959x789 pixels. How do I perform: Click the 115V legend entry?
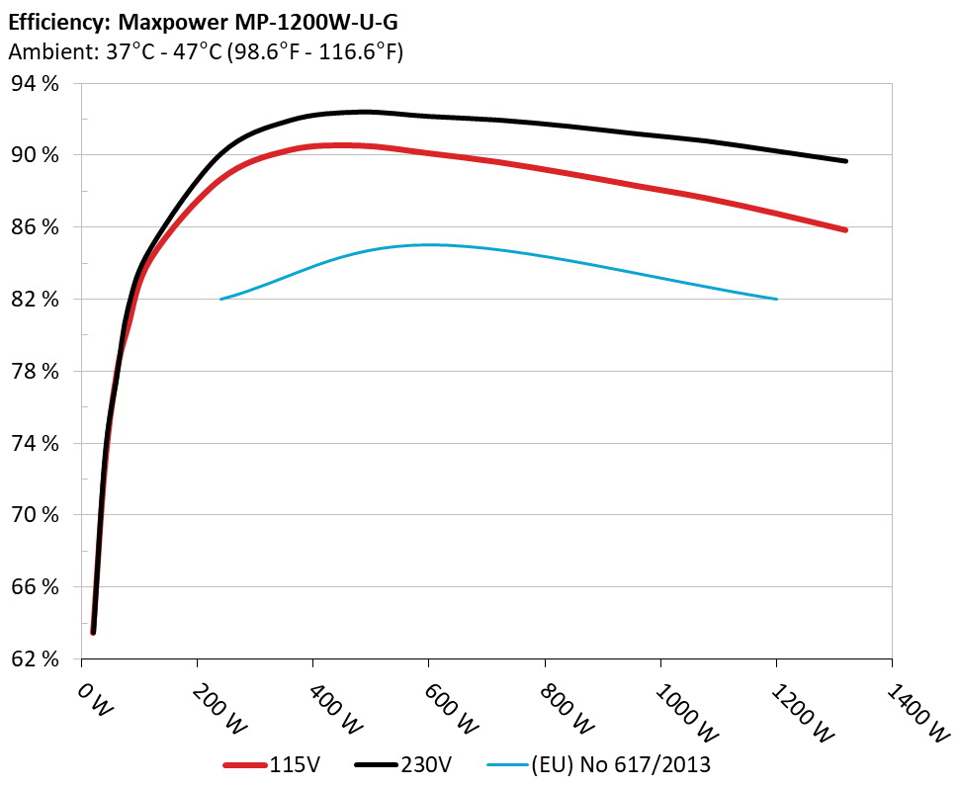coord(289,764)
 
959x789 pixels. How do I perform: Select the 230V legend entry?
coord(425,764)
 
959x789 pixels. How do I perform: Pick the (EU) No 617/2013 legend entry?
coord(621,764)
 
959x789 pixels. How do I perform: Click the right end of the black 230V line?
coord(846,161)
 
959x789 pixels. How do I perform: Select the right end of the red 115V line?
coord(846,230)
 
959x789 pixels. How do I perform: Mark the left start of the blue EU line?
coord(220,299)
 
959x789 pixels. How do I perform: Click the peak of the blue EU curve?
coord(428,244)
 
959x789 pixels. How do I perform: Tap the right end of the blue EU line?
coord(777,299)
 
